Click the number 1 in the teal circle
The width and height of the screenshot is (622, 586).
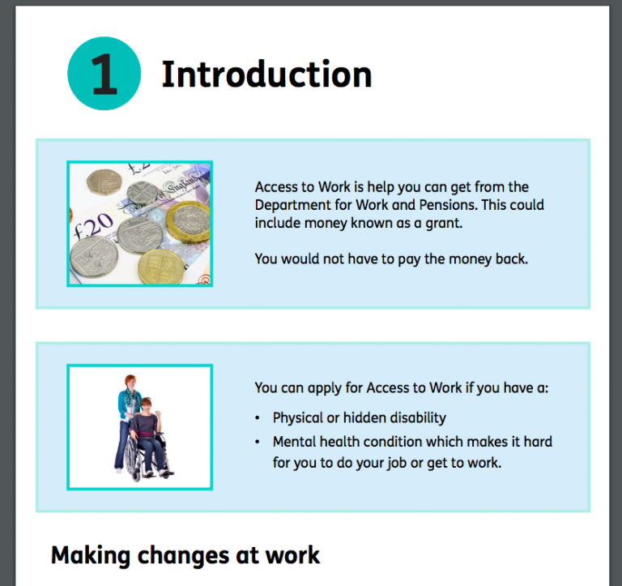click(104, 75)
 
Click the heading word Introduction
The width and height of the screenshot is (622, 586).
click(266, 75)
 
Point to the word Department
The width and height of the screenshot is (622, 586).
click(294, 205)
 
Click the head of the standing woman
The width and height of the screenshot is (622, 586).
click(130, 382)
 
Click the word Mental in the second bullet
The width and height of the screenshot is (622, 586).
click(295, 442)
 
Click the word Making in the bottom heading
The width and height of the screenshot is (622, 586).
click(92, 555)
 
